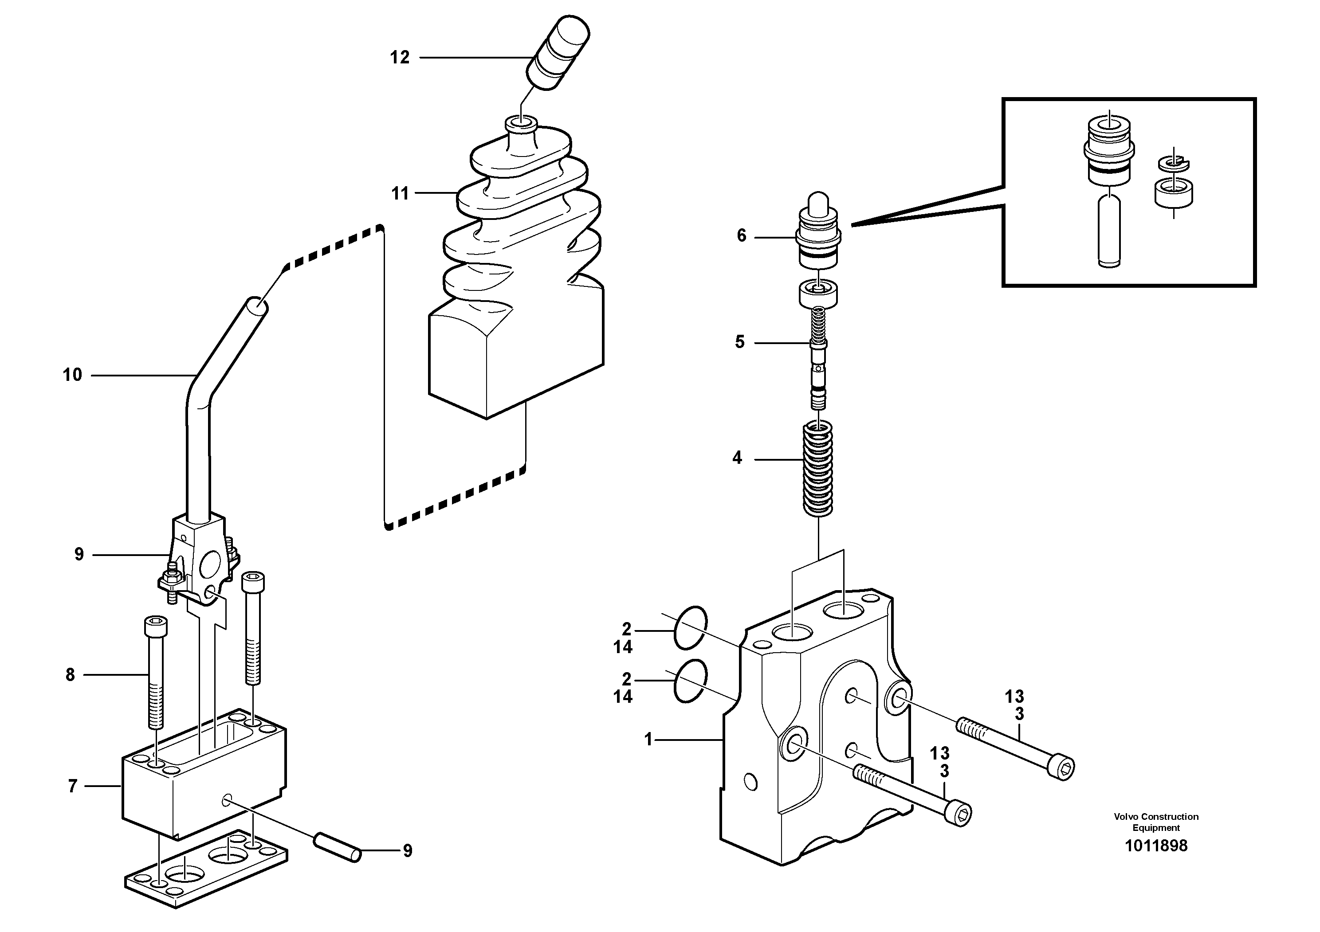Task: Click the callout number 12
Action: point(400,58)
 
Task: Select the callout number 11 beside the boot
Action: point(400,194)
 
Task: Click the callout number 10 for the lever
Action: point(72,375)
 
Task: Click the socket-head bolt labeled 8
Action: point(155,672)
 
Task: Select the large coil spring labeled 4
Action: point(817,468)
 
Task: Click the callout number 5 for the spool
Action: point(740,342)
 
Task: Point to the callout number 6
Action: point(742,235)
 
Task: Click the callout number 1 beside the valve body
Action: point(648,740)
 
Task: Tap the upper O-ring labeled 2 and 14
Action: point(690,627)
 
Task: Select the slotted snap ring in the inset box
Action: point(1173,164)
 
